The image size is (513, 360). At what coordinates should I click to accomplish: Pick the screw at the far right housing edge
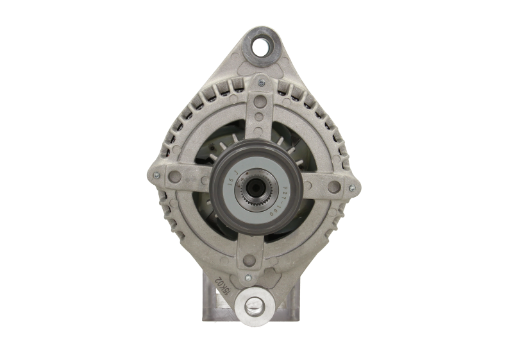pyautogui.click(x=353, y=189)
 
